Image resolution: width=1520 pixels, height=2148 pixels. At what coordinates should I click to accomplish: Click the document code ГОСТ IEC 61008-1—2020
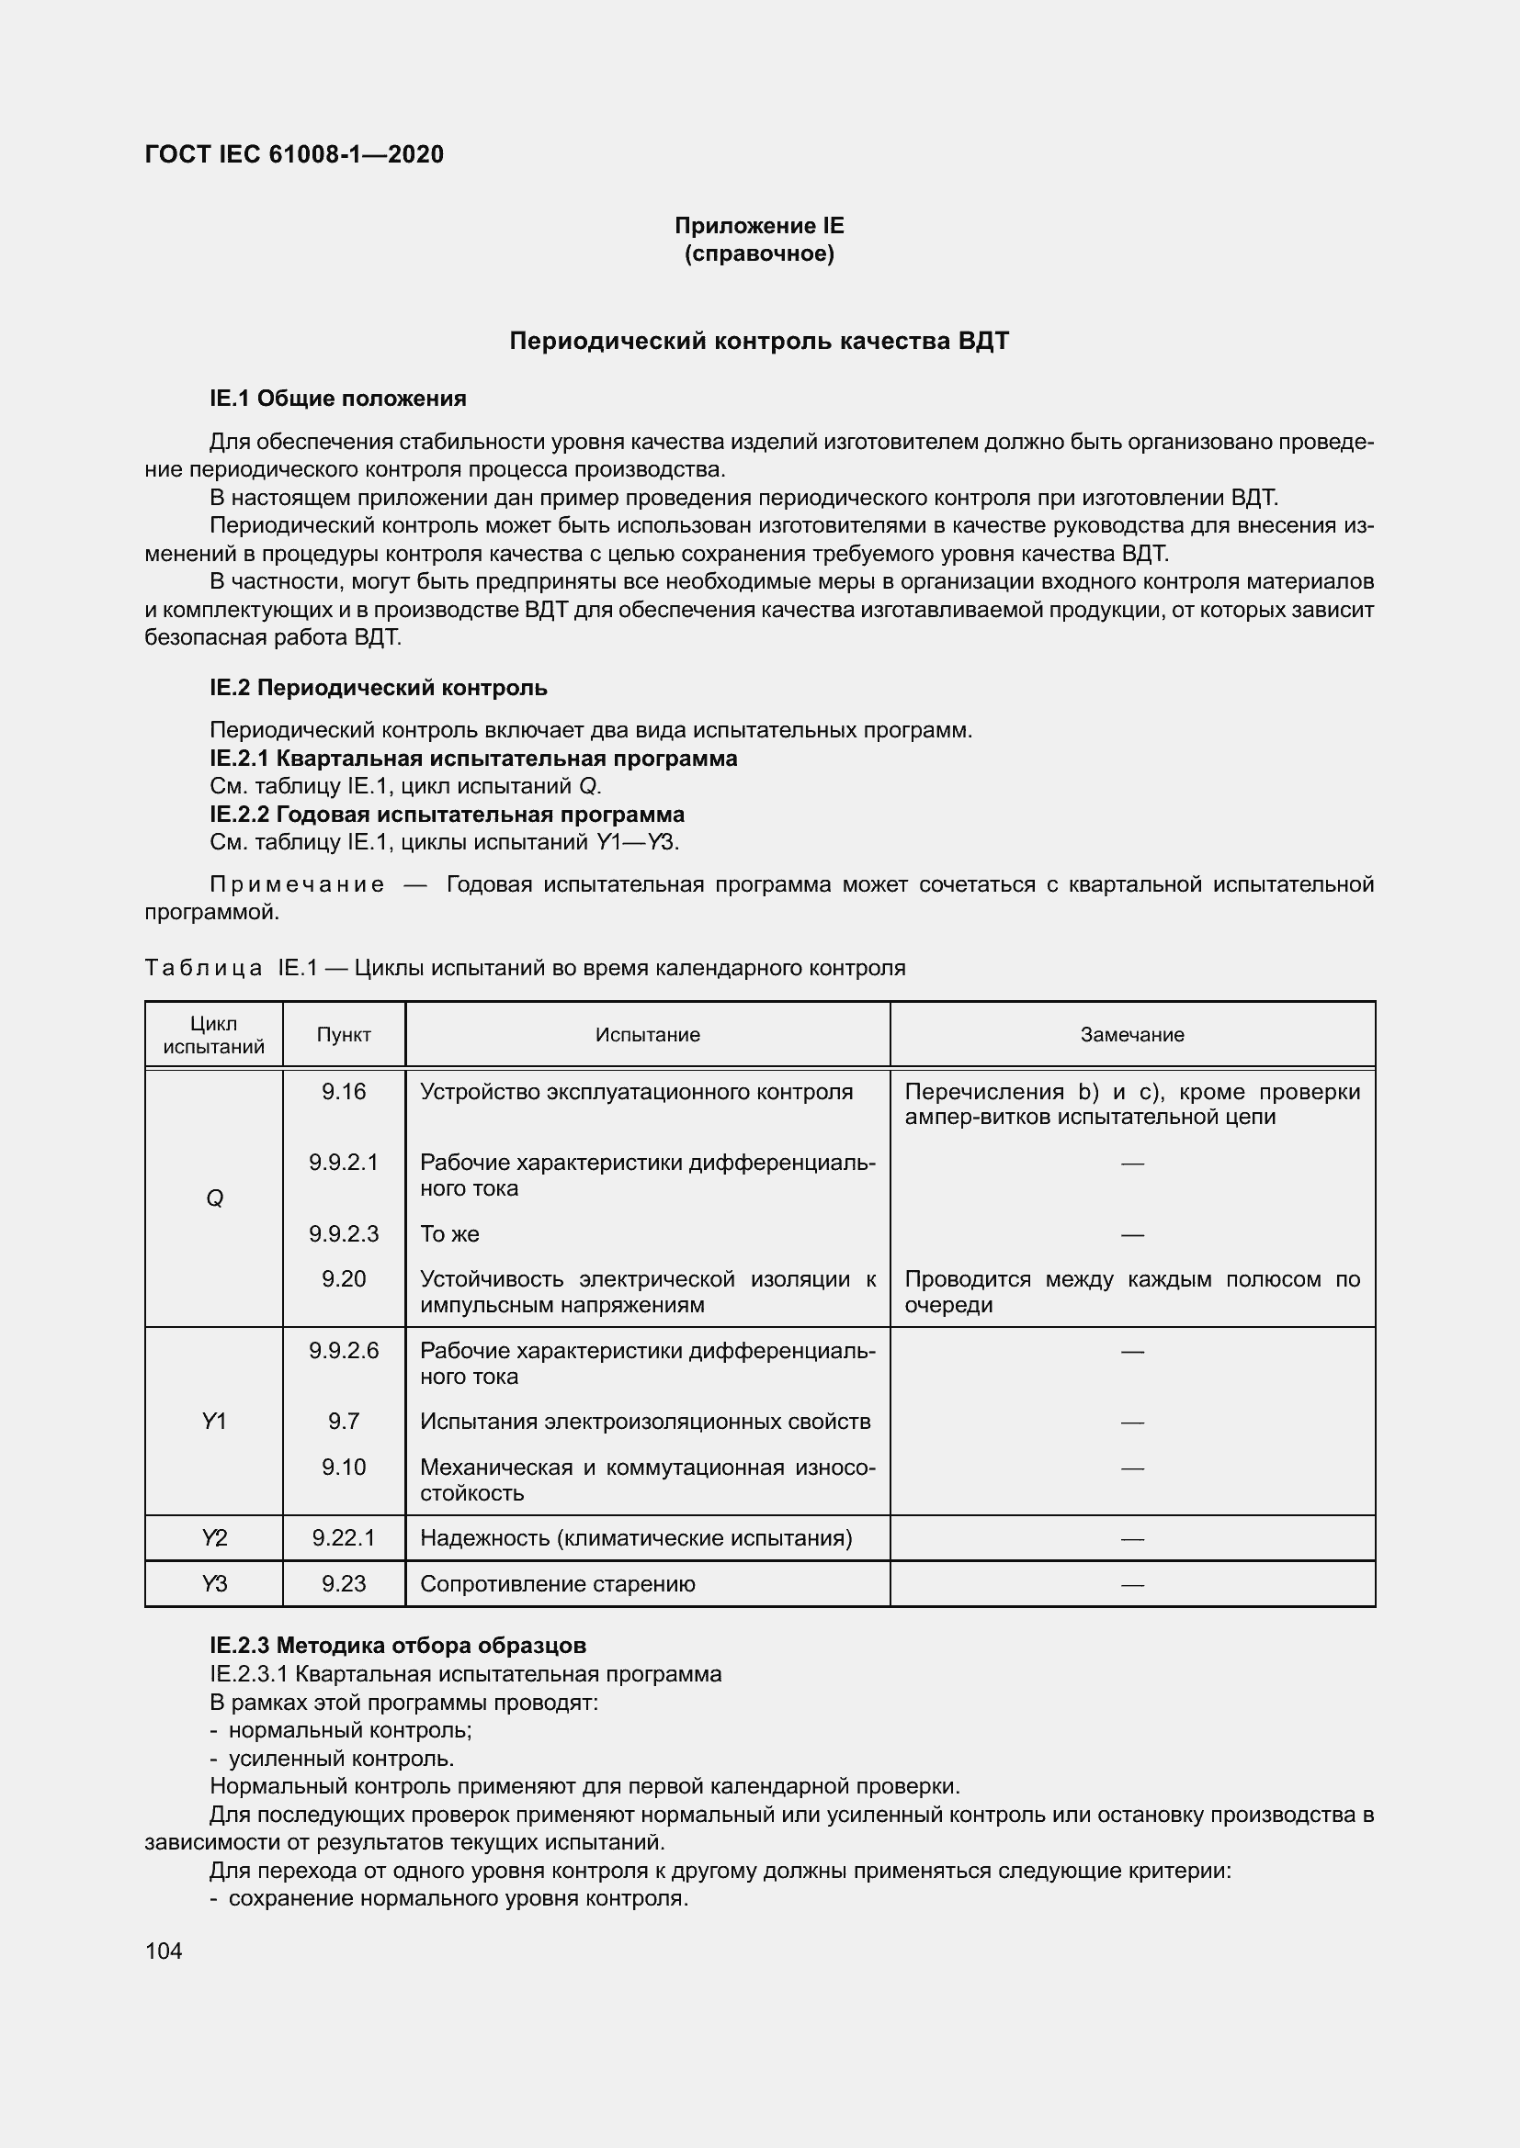point(294,154)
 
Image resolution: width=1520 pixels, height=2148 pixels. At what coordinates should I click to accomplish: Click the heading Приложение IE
point(759,226)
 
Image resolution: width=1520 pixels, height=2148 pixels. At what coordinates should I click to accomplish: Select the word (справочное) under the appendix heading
point(759,253)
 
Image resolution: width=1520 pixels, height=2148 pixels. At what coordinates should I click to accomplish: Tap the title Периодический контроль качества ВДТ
point(759,341)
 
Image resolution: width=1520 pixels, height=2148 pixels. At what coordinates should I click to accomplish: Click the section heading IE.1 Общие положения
point(338,399)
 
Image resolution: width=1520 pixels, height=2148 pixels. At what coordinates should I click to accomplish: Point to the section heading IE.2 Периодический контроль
point(378,688)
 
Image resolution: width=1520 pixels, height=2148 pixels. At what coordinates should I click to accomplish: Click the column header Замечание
point(1131,1035)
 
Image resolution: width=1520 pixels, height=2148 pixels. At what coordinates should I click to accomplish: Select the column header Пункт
point(344,1035)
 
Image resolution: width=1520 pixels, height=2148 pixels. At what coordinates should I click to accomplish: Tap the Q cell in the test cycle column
point(214,1198)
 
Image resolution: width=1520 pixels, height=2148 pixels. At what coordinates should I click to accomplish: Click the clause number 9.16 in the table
point(344,1092)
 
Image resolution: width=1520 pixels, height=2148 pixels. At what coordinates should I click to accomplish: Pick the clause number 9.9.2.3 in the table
point(344,1234)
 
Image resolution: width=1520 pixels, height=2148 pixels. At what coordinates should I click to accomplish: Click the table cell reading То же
point(449,1234)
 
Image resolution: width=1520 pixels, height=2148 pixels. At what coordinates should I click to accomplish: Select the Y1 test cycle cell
point(214,1421)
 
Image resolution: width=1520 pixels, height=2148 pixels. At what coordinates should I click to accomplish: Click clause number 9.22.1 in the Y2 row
point(344,1538)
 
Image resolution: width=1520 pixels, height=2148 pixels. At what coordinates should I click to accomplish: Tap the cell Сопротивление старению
point(557,1584)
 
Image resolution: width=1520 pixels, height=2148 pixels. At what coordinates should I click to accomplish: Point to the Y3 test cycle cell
point(214,1584)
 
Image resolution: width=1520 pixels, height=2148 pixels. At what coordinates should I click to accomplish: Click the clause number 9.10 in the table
point(344,1467)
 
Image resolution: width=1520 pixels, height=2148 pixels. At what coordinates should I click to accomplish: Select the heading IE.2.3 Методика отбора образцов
point(398,1645)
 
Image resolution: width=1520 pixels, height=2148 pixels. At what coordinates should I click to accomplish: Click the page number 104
point(164,1951)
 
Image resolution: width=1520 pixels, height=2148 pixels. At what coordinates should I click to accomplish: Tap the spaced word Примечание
point(297,884)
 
